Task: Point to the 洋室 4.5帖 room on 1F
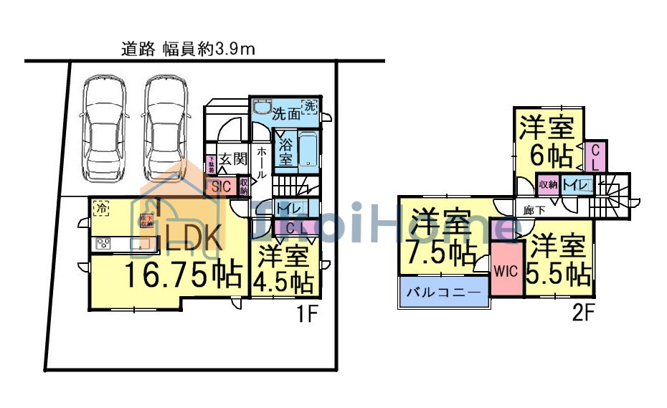click(285, 269)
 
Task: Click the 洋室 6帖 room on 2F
click(547, 141)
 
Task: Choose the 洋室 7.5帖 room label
click(441, 237)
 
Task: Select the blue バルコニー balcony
click(443, 294)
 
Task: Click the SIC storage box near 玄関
click(219, 186)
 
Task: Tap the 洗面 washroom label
click(285, 113)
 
